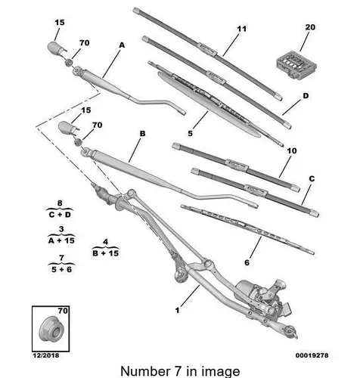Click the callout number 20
310,27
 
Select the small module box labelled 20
296,64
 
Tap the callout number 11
241,29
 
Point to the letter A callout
122,45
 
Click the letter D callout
306,96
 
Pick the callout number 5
191,133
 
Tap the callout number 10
292,151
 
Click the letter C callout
312,178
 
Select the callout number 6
247,262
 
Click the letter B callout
142,133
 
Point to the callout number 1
178,310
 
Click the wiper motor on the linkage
262,295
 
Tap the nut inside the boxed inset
51,329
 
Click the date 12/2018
46,355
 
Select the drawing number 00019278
312,355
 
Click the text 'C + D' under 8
60,215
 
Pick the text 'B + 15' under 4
105,253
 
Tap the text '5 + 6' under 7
61,269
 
